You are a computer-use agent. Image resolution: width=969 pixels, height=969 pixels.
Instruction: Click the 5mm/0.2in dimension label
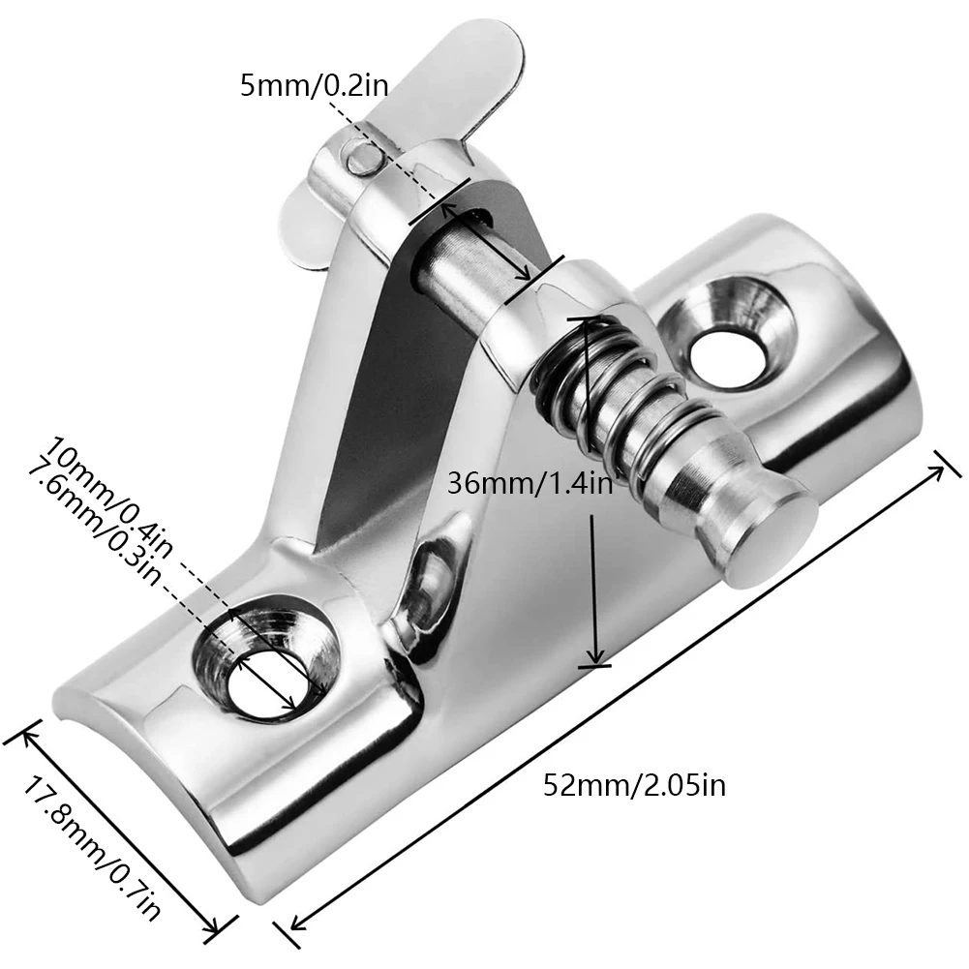[315, 85]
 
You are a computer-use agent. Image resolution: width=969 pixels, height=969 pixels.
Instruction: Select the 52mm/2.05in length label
[634, 783]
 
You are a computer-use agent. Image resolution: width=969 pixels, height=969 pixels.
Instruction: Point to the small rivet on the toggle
[361, 157]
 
